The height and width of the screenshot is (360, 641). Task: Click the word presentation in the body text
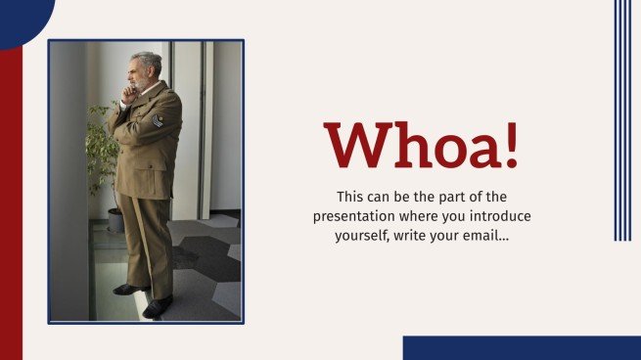click(x=353, y=215)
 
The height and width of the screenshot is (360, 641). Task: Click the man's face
click(x=140, y=72)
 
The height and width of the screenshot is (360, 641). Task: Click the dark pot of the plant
click(x=114, y=219)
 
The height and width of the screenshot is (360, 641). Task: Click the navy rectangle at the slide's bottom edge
click(x=521, y=347)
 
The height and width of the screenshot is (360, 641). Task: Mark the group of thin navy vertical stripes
click(x=621, y=119)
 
